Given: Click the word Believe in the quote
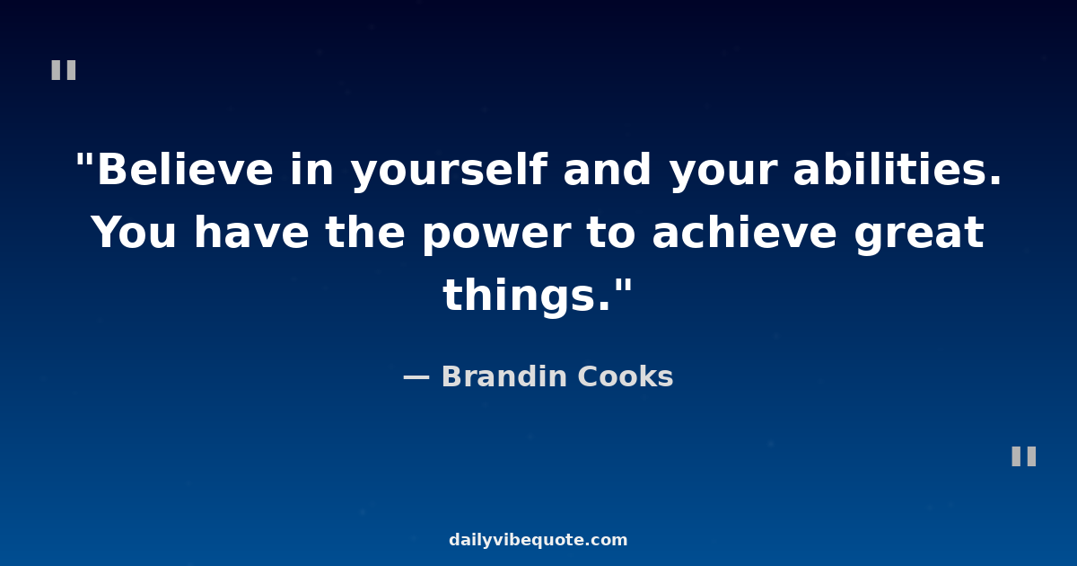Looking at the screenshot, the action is [185, 169].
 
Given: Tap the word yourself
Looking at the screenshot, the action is [449, 171].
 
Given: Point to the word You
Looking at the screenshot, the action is [134, 233].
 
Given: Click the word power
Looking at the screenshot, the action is [496, 234].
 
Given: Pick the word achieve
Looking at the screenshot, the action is [744, 232].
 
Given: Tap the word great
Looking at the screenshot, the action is [919, 234].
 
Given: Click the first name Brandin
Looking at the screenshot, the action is [504, 376].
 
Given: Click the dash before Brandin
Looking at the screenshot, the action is [416, 378].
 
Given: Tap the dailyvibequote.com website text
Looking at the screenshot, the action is [538, 540].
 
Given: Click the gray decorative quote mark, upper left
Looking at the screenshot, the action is [64, 70].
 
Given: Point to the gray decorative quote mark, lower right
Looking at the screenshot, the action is [1024, 456].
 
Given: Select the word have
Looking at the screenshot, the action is [251, 232].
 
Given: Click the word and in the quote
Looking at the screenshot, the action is [607, 169].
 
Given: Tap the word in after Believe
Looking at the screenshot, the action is [311, 169].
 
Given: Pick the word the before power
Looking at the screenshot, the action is [365, 232].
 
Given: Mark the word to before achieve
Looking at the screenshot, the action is [611, 233].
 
